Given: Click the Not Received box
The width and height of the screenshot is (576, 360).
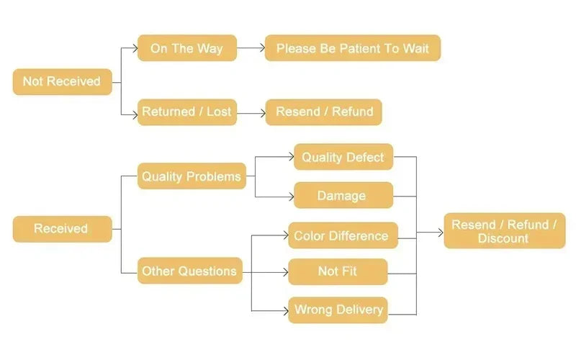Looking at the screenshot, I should click(x=62, y=81).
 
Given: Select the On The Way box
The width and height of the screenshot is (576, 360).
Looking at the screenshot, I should click(x=186, y=48).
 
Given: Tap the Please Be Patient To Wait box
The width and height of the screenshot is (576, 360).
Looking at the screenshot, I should click(x=352, y=48).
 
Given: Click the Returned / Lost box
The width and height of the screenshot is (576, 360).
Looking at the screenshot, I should click(x=186, y=112).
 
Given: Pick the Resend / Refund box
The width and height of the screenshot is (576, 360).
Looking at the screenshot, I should click(x=324, y=112).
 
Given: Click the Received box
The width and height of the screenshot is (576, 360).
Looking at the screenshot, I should click(x=62, y=229).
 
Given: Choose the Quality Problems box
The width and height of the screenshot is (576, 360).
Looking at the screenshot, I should click(x=192, y=176).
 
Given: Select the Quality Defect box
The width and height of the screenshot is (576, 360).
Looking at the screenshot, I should click(x=343, y=157).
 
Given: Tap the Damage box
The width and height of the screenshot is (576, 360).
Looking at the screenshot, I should click(x=343, y=195).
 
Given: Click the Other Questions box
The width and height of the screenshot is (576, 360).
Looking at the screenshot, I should click(x=189, y=271).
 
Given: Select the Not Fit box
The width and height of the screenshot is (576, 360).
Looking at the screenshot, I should click(x=338, y=271).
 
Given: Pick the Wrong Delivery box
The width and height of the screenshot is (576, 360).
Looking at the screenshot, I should click(x=338, y=310).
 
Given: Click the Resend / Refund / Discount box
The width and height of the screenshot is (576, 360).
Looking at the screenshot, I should click(x=504, y=231).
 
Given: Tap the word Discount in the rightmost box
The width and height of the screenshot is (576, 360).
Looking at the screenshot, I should click(x=503, y=238).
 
